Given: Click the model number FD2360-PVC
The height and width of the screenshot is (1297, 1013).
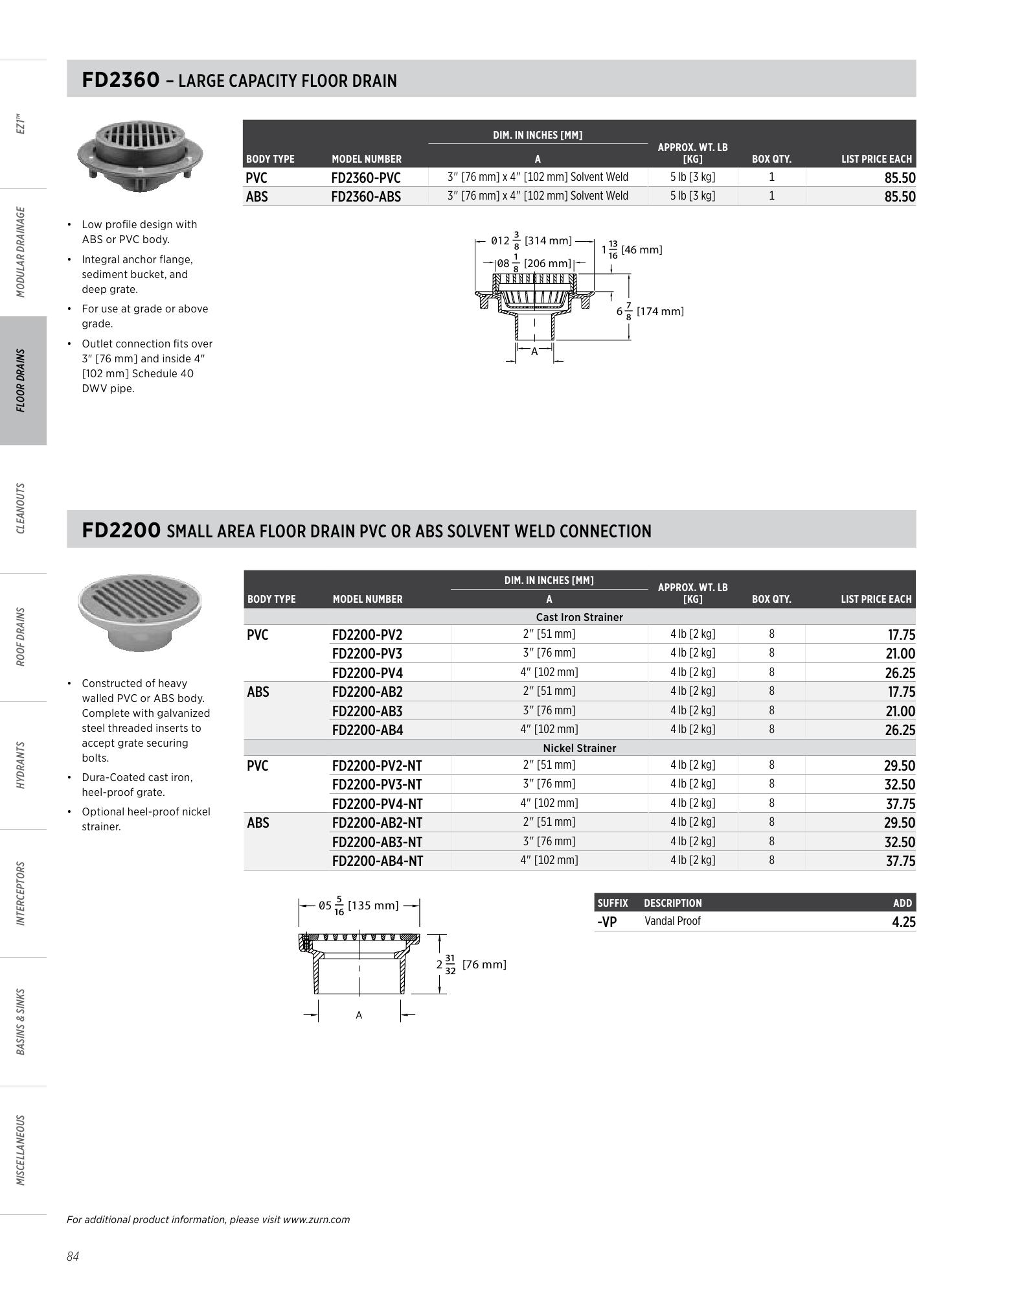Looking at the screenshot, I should (366, 178).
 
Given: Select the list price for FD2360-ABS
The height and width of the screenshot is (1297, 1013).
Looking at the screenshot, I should (900, 197).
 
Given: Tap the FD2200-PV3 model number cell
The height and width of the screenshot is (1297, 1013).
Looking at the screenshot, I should (367, 653).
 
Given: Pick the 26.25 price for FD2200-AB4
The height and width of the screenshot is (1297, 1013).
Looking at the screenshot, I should (900, 730).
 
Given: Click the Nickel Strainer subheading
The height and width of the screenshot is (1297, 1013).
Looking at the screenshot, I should (579, 748).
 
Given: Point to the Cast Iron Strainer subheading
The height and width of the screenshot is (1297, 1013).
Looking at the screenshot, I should (579, 617).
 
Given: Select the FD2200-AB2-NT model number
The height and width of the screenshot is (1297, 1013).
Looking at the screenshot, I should (377, 823).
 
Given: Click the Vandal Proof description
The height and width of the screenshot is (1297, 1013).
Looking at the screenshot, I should (672, 921).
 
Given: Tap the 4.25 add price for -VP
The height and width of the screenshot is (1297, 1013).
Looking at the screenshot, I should (904, 922).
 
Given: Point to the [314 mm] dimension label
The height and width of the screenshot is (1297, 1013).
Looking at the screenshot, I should (548, 241).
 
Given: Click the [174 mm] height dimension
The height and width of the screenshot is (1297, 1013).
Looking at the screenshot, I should (659, 311).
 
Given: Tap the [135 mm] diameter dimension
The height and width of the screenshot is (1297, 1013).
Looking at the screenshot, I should (373, 906).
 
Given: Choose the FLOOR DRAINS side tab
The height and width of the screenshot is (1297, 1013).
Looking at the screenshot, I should (22, 380).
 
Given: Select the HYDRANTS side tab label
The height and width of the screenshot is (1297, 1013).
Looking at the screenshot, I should (22, 765).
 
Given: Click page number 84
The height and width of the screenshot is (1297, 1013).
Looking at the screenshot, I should (73, 1257).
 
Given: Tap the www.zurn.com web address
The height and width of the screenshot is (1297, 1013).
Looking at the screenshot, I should (316, 1219).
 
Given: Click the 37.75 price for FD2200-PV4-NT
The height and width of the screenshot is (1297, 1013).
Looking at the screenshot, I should (900, 804).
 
